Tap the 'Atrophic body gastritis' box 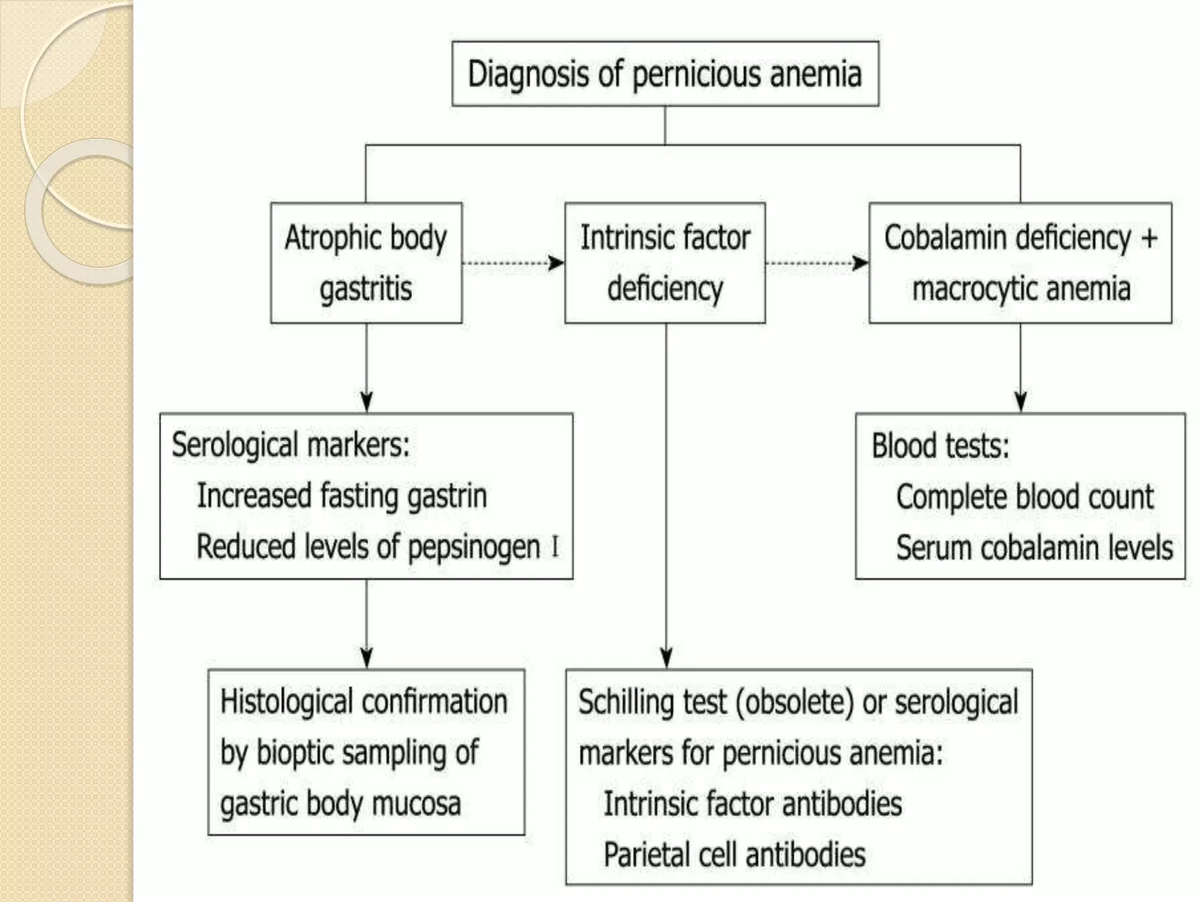366,263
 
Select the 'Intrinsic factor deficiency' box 665,263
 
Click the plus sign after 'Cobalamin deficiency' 1150,238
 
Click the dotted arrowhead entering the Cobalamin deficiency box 861,262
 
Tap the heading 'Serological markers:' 290,445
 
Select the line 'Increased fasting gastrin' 341,496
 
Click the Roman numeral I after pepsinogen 555,547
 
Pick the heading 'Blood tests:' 940,446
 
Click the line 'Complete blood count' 1024,497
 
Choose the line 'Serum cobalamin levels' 1034,548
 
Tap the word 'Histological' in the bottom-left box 287,702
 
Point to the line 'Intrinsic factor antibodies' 752,804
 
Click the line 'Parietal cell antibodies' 734,854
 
